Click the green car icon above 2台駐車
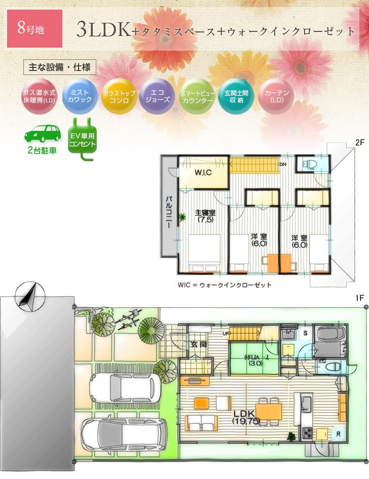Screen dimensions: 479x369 point(43,133)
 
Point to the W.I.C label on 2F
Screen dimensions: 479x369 point(203,173)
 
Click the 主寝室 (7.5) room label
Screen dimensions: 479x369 point(205,216)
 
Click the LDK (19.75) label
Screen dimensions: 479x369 point(243,417)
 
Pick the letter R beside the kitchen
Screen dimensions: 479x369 point(337,434)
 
